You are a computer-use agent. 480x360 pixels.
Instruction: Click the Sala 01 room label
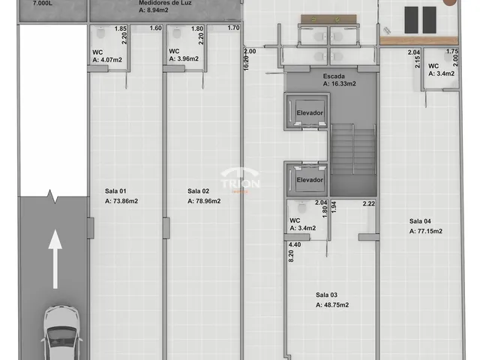pos(115,191)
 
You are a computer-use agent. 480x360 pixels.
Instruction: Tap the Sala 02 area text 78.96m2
pos(204,201)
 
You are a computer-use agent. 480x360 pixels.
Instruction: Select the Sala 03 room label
pos(327,295)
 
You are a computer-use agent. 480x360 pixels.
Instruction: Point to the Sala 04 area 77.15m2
pos(426,231)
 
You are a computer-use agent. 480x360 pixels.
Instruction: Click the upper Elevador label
pos(310,113)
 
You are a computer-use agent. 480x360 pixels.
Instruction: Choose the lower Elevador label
pos(310,180)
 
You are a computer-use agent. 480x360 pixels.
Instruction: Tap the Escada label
pos(334,76)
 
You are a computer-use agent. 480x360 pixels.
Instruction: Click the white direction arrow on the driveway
pos(55,259)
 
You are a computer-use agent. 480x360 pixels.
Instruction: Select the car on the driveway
pos(61,333)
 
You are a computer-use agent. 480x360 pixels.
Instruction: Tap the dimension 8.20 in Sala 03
pos(291,256)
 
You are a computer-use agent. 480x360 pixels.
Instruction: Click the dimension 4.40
pos(295,244)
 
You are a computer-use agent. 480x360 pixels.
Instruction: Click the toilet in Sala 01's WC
pos(100,32)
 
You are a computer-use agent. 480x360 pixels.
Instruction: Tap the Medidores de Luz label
pos(165,3)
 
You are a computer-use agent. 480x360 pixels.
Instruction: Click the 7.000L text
pos(43,4)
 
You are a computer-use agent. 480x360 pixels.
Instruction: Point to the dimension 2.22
pos(369,203)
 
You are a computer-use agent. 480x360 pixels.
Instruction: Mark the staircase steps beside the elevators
pos(353,150)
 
